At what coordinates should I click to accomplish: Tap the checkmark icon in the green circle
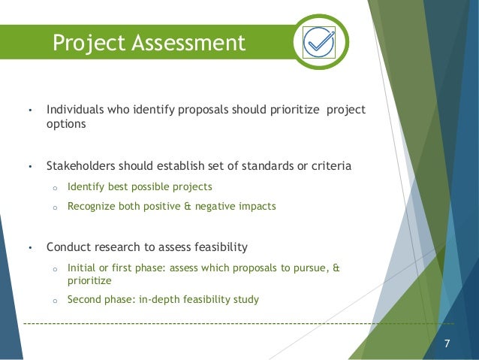(321, 42)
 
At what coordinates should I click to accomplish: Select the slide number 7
(447, 344)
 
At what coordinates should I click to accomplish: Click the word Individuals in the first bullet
(75, 110)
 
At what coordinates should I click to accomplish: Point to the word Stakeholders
(82, 165)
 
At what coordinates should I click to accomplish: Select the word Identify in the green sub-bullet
(87, 186)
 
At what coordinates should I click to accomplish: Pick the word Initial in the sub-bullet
(81, 267)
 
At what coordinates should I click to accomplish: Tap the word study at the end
(246, 299)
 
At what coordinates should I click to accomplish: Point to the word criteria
(330, 165)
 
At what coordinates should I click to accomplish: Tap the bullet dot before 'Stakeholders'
(29, 166)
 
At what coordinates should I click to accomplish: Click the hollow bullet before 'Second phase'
(54, 300)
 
